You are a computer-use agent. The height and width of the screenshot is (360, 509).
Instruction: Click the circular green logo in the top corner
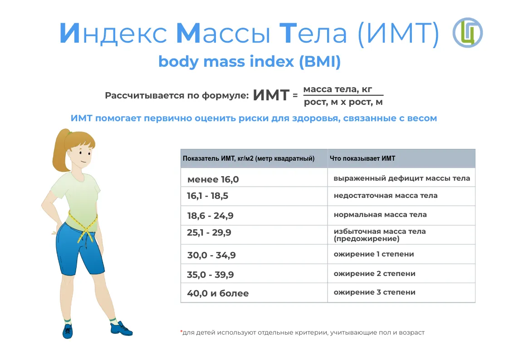(468, 33)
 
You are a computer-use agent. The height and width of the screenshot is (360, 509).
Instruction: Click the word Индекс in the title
(113, 33)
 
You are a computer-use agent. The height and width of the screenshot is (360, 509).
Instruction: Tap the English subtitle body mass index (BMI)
(250, 61)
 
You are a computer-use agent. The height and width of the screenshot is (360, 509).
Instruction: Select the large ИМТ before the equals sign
(271, 95)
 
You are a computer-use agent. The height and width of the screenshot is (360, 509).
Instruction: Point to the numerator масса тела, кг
(338, 89)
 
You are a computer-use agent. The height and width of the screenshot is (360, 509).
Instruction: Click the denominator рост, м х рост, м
(343, 102)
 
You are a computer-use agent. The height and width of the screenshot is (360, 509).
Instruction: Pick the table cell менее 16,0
(213, 179)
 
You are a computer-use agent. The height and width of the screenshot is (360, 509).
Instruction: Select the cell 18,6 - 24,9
(210, 216)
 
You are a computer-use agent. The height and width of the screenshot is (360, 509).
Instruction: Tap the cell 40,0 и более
(218, 293)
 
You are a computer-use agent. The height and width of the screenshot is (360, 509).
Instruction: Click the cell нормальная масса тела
(380, 214)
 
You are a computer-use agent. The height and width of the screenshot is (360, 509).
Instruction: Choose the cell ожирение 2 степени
(375, 274)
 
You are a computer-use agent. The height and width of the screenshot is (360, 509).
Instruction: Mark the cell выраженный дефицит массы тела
(402, 178)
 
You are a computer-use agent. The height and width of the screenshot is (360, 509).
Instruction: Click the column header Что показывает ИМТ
(362, 158)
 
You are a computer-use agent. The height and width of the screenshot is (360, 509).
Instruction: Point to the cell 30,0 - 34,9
(211, 255)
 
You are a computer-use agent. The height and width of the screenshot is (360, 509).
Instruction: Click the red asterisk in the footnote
(181, 331)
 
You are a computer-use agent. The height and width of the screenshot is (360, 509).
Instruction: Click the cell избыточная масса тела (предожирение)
(379, 235)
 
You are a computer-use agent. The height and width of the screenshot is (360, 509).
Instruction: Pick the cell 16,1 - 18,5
(207, 196)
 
